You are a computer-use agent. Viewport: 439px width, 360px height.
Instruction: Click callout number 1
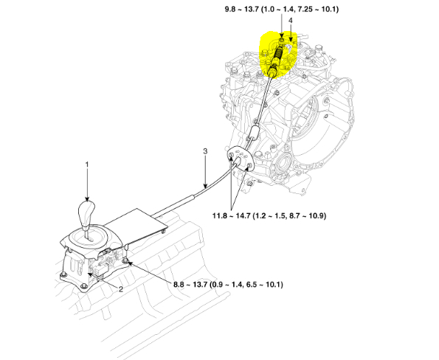click(x=87, y=165)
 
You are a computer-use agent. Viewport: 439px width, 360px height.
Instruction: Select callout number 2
click(x=121, y=289)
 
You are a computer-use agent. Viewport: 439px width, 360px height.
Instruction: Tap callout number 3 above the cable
click(x=205, y=151)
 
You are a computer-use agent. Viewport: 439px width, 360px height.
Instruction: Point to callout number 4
click(x=291, y=21)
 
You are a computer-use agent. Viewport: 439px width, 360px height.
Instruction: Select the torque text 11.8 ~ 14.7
click(x=231, y=216)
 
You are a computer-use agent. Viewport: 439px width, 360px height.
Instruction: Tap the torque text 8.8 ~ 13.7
click(x=190, y=285)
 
